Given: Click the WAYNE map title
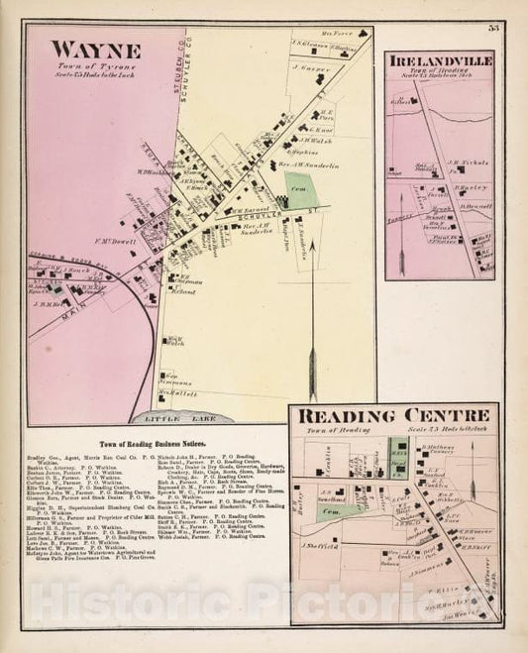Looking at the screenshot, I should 95,50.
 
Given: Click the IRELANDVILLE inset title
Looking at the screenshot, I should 440,62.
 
